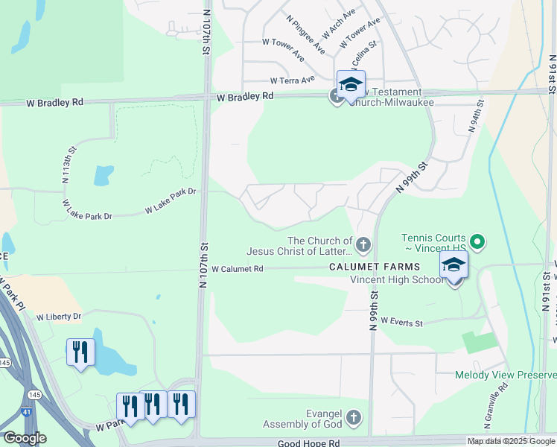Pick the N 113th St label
point(68,168)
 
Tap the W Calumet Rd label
point(238,269)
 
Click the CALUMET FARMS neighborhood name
point(376,267)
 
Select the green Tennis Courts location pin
point(479,241)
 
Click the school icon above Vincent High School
point(453,265)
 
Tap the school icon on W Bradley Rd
point(351,84)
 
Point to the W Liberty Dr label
point(53,317)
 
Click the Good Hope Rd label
point(309,443)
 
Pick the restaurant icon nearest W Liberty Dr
point(80,352)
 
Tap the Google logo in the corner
point(25,438)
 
